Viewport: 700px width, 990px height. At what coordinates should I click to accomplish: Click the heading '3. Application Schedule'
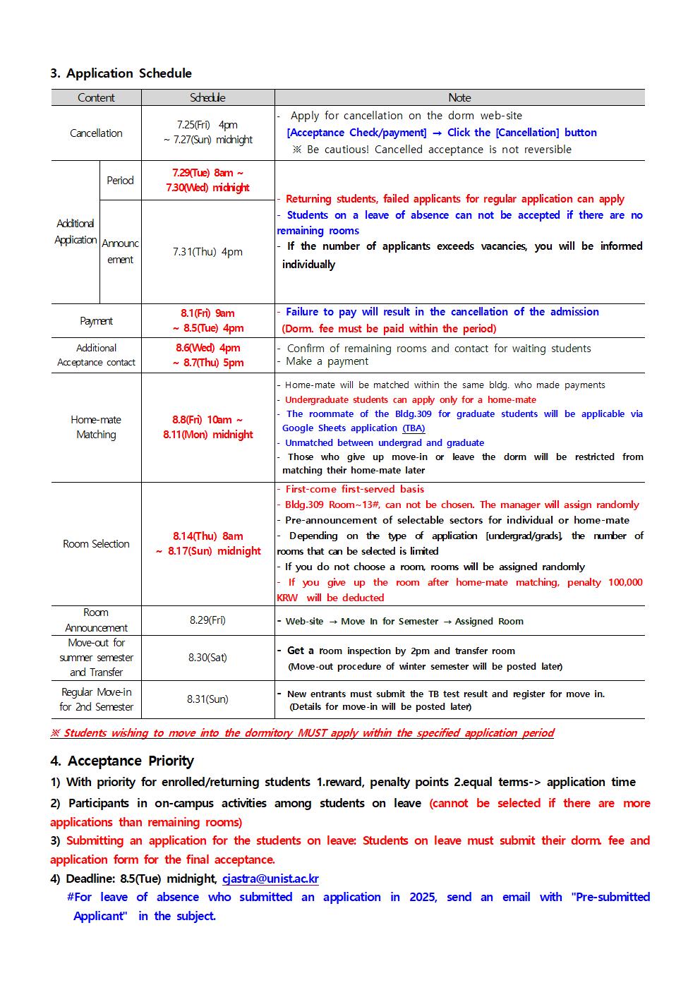pyautogui.click(x=121, y=73)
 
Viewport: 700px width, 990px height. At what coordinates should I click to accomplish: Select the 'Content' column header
pyautogui.click(x=96, y=98)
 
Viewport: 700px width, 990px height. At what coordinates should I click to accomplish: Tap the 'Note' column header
pyautogui.click(x=459, y=98)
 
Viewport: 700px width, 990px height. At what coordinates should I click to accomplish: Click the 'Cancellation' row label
pyautogui.click(x=96, y=133)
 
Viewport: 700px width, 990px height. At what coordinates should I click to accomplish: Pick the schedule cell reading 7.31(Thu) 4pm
pyautogui.click(x=207, y=252)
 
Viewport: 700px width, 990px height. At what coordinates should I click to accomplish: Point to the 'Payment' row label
pyautogui.click(x=96, y=321)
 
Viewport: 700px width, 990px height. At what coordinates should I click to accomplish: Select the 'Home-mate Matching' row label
pyautogui.click(x=96, y=428)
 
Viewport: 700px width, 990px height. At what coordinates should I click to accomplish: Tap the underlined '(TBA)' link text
pyautogui.click(x=414, y=428)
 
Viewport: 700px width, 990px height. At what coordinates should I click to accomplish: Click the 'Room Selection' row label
pyautogui.click(x=96, y=544)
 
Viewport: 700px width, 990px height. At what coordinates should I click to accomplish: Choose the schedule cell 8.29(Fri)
pyautogui.click(x=207, y=620)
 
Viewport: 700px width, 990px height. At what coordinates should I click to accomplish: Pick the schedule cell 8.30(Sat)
pyautogui.click(x=207, y=658)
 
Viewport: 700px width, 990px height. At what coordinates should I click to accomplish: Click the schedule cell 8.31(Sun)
pyautogui.click(x=207, y=699)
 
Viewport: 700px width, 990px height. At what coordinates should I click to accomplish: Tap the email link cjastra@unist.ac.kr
pyautogui.click(x=270, y=879)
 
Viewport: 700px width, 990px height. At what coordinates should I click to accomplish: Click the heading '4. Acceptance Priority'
pyautogui.click(x=122, y=761)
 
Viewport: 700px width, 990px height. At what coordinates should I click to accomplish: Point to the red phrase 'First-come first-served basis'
pyautogui.click(x=354, y=489)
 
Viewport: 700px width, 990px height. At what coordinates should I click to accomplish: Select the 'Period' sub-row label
pyautogui.click(x=120, y=181)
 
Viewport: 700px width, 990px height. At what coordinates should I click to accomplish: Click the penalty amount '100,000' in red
pyautogui.click(x=624, y=582)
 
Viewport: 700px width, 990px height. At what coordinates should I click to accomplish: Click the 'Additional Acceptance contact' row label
pyautogui.click(x=96, y=356)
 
